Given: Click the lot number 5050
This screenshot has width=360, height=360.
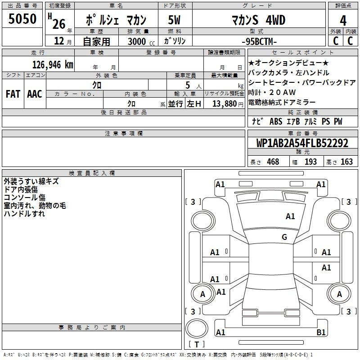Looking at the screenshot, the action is coord(22,19).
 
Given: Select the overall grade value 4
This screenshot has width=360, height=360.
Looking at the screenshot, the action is coord(343,21).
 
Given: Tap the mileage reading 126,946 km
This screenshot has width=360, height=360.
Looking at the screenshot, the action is coord(53,65).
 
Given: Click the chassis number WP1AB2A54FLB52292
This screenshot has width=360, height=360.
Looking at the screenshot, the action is coord(302,143).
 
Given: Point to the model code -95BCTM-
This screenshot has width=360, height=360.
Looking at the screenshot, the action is coord(259,41).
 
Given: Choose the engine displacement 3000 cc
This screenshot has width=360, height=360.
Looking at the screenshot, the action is coord(141,41).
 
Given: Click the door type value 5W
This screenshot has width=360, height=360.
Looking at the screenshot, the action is coord(174,20).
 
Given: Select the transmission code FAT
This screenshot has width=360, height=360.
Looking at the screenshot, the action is coord(13,94).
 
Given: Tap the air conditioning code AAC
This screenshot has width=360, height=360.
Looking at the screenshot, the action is coord(35,94).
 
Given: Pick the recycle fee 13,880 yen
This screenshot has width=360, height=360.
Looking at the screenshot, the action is coord(228,104).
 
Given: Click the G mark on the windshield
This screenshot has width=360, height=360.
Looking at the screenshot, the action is coord(284,237).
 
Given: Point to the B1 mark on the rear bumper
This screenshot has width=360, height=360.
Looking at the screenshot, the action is coord(321,332).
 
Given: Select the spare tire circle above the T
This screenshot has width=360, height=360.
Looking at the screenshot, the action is coord(197,328).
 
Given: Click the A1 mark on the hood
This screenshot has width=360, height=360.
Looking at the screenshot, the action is coord(290,216).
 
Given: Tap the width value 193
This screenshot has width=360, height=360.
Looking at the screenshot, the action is coord(310,162).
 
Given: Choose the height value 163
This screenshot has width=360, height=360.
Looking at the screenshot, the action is coord(346,162).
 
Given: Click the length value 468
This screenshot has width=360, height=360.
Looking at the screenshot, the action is coord(273,162).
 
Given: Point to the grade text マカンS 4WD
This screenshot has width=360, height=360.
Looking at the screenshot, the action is coord(258,20).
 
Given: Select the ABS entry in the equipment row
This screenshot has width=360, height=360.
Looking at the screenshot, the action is coord(276,121).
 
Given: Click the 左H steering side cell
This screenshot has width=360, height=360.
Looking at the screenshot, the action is coord(194,104).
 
